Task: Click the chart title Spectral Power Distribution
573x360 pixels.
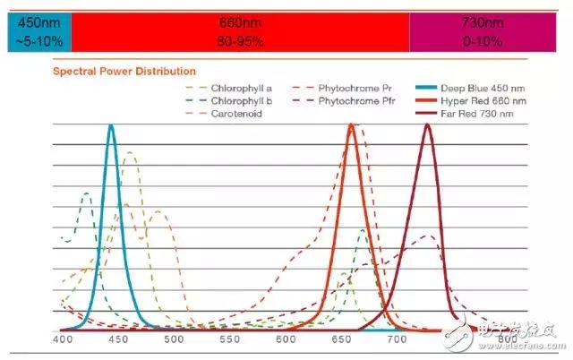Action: click(x=124, y=71)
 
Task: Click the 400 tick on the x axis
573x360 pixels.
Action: click(x=63, y=339)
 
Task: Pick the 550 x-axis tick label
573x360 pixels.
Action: click(x=230, y=339)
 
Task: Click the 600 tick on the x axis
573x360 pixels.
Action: click(x=286, y=339)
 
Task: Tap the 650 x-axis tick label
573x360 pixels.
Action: click(x=341, y=339)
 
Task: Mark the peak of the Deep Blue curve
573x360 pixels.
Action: click(x=111, y=125)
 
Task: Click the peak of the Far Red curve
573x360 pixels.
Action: click(x=428, y=124)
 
